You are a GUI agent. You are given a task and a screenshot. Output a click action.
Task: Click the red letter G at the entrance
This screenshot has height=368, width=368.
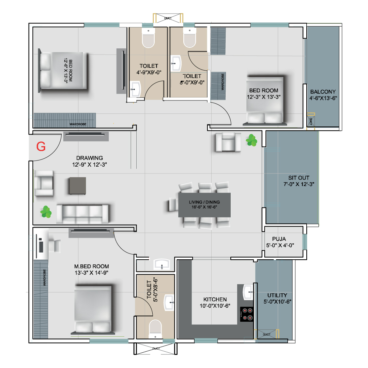[x=41, y=147]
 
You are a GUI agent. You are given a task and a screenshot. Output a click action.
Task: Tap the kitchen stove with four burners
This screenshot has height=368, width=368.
[x=247, y=314]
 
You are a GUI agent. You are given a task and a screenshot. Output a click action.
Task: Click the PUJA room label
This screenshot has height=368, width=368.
[x=279, y=239]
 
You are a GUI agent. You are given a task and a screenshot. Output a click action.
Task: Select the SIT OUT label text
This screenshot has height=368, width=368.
[x=299, y=178]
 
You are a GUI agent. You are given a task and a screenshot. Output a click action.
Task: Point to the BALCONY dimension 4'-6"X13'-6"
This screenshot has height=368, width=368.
[x=323, y=98]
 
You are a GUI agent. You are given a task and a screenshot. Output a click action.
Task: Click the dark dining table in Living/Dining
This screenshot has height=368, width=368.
[x=204, y=205]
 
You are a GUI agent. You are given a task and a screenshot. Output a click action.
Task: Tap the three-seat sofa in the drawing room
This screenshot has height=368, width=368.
[x=82, y=214]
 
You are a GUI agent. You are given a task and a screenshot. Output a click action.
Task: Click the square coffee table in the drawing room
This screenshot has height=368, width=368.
[x=78, y=186]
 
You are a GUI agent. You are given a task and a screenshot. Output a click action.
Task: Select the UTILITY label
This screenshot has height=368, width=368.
[x=277, y=295]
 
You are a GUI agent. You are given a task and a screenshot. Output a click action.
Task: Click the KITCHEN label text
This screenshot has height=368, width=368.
[x=215, y=299]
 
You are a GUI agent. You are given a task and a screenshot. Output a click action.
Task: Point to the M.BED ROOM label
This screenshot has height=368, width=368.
[x=92, y=266]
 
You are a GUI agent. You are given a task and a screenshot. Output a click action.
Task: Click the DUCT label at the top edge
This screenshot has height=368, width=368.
[x=168, y=18]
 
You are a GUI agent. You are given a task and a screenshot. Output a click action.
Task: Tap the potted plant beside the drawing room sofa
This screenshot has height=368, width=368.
[x=46, y=212]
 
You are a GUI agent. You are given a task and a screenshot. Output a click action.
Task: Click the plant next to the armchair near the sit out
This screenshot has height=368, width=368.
[x=251, y=140]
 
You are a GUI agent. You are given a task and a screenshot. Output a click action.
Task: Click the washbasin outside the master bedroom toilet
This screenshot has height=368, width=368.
[x=162, y=264]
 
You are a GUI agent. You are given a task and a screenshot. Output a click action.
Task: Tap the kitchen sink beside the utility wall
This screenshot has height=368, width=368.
[x=248, y=292]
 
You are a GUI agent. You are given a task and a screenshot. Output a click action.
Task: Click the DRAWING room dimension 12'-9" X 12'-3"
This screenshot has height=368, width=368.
[x=89, y=165]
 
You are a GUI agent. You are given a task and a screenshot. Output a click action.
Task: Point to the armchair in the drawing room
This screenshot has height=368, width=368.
[x=44, y=183]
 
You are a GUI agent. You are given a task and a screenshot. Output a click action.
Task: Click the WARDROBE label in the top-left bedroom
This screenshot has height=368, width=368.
[x=78, y=124]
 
